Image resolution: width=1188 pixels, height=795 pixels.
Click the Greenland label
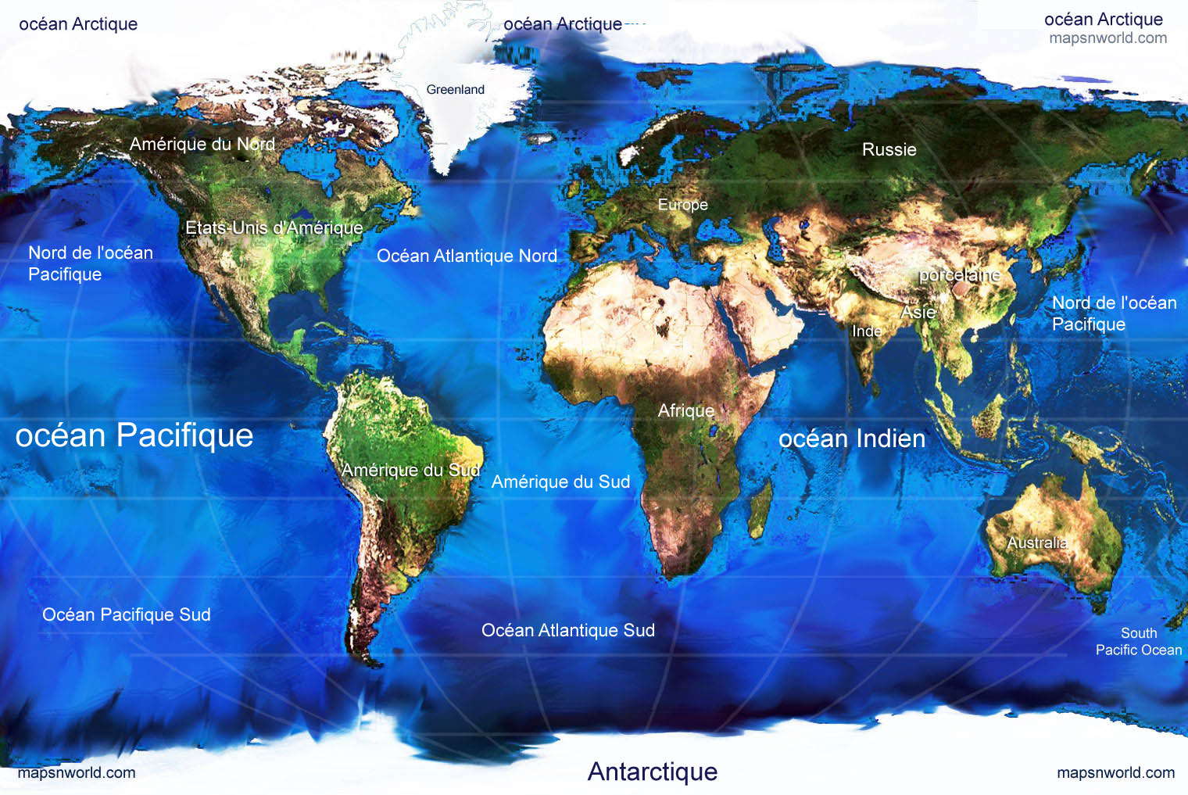(x=455, y=90)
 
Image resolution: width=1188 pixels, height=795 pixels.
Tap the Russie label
(x=889, y=149)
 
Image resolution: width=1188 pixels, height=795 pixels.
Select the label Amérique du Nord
(x=202, y=144)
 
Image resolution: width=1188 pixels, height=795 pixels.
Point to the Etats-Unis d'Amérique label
(x=274, y=227)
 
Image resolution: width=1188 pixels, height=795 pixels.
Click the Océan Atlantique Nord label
(x=467, y=256)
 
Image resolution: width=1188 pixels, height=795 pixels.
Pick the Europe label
(x=682, y=205)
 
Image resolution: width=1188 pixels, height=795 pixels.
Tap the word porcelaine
(x=959, y=275)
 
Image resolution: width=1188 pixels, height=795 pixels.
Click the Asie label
(x=918, y=313)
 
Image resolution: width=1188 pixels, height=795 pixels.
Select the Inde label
(x=866, y=331)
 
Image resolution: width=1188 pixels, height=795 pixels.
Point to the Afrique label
(x=685, y=410)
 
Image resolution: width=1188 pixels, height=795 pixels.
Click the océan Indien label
(x=851, y=439)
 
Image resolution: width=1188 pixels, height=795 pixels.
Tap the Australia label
(x=1036, y=543)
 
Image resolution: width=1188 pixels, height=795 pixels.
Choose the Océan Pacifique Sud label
(x=127, y=614)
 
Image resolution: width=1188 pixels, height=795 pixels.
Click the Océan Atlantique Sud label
(x=567, y=630)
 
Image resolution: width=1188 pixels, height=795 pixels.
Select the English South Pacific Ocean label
(x=1138, y=642)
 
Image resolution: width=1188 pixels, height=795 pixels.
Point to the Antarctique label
(x=652, y=772)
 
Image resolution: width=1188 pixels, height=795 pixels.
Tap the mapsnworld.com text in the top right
(x=1107, y=38)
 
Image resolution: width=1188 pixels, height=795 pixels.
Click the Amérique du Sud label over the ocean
(x=560, y=482)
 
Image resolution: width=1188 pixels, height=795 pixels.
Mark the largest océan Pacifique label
(x=134, y=435)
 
